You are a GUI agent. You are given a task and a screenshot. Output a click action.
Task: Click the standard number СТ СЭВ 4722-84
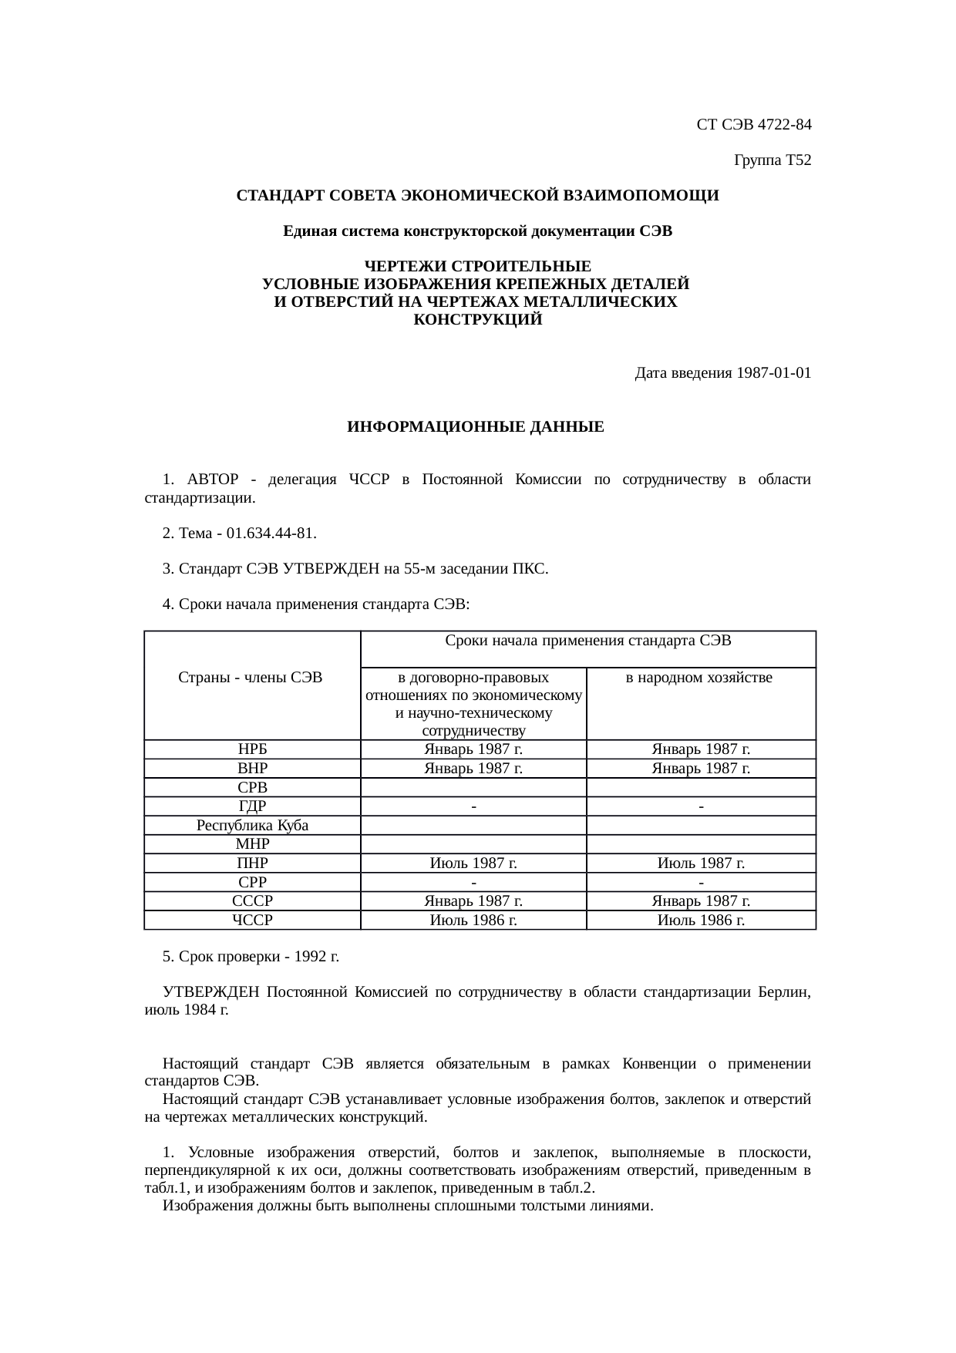click(753, 124)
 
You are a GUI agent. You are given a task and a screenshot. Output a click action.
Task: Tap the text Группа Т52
click(773, 160)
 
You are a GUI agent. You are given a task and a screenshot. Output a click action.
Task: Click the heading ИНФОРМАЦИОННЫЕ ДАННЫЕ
click(476, 426)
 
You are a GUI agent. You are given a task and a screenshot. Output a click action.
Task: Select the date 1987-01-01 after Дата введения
click(773, 373)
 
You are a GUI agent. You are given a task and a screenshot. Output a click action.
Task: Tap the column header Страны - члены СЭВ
click(251, 678)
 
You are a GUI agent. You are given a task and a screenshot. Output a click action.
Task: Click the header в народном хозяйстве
click(699, 678)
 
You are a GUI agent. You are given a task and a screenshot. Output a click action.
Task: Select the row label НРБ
click(252, 749)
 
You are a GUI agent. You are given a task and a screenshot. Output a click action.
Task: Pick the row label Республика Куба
click(252, 826)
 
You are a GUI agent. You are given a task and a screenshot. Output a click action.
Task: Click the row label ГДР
click(252, 806)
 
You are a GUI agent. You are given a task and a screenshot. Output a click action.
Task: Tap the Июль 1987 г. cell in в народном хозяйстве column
click(700, 863)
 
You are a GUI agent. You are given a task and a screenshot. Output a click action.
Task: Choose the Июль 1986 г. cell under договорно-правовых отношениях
click(473, 921)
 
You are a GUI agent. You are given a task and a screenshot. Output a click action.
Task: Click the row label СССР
click(252, 901)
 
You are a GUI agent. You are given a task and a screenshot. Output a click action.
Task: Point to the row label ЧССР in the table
click(252, 921)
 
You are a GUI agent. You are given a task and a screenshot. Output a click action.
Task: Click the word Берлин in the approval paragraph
click(784, 992)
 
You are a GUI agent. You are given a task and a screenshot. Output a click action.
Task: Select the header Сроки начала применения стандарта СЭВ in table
click(588, 641)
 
